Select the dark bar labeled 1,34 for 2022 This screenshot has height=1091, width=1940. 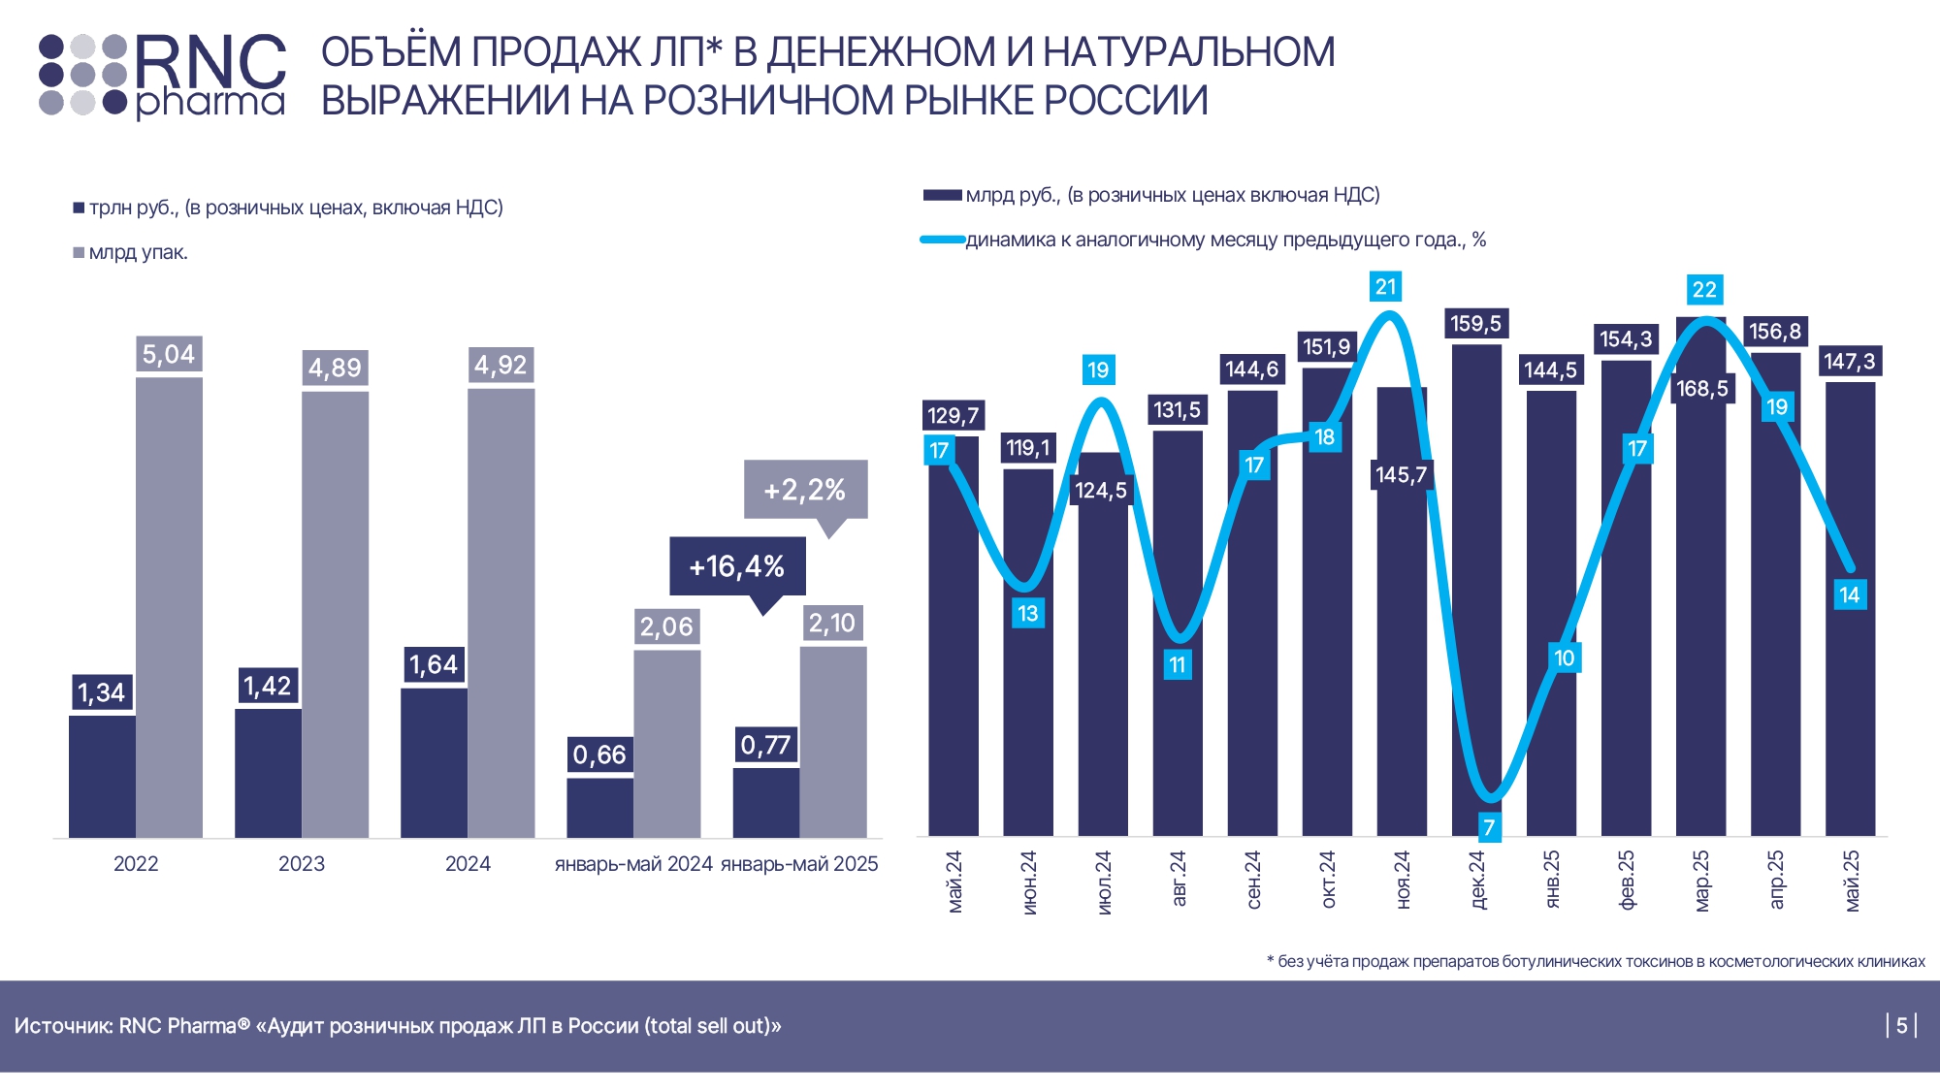tap(102, 776)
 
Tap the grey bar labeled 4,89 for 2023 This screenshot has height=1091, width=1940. tap(335, 611)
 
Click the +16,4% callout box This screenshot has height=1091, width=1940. tap(737, 566)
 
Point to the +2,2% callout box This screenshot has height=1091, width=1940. tap(805, 490)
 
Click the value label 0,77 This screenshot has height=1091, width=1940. tap(765, 745)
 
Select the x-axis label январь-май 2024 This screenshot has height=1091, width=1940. tap(633, 864)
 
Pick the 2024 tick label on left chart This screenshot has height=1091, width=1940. tap(468, 864)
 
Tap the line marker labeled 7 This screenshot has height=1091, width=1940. tap(1489, 827)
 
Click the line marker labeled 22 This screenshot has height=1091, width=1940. tap(1704, 290)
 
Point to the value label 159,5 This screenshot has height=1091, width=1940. tap(1475, 324)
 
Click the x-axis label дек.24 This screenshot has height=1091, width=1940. tap(1477, 880)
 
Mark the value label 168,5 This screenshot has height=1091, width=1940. tap(1702, 389)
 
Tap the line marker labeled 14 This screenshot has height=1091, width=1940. tap(1850, 595)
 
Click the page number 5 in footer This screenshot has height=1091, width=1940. tap(1902, 1025)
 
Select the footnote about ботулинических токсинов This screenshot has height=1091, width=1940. tap(1596, 961)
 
